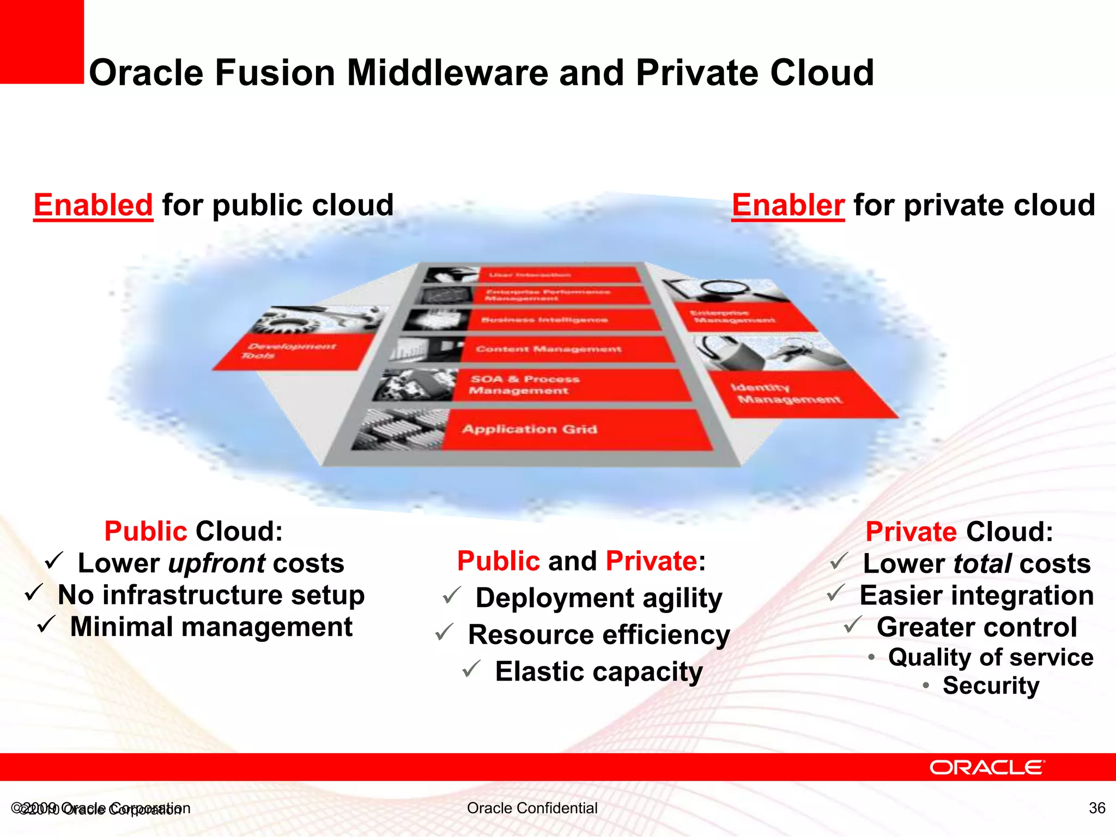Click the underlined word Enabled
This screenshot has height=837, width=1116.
pos(93,205)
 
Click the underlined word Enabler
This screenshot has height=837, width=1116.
pos(788,205)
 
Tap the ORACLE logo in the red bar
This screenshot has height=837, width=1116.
pos(987,767)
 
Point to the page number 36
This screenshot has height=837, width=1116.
pos(1097,808)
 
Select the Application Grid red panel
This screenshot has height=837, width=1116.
pos(578,430)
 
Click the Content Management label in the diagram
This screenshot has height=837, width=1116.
pos(549,349)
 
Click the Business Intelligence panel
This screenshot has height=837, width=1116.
pos(561,320)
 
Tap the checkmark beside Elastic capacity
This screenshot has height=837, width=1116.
pos(471,669)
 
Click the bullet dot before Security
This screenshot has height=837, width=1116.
pos(926,685)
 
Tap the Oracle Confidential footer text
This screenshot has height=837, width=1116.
pos(532,808)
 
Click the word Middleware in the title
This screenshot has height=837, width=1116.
pos(447,73)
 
